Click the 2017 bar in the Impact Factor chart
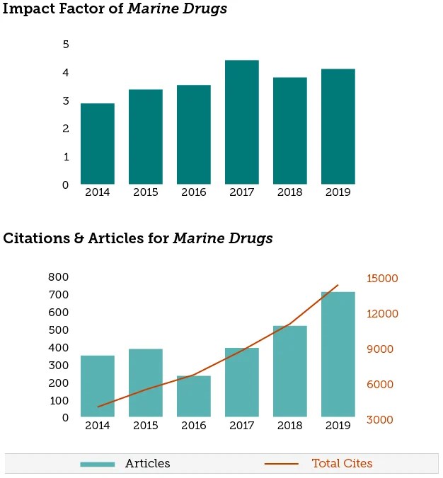(241, 122)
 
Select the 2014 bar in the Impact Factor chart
(97, 144)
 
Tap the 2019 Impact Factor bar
(338, 127)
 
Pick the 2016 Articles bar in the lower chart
(193, 396)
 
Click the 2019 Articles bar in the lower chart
(338, 354)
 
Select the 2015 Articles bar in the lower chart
(145, 383)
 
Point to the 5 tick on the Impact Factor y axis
(66, 45)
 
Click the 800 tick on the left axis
(59, 277)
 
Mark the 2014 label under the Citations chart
(97, 426)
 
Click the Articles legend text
(147, 464)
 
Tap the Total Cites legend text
(342, 464)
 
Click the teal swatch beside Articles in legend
(97, 465)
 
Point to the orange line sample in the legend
(281, 465)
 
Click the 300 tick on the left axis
(59, 366)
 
